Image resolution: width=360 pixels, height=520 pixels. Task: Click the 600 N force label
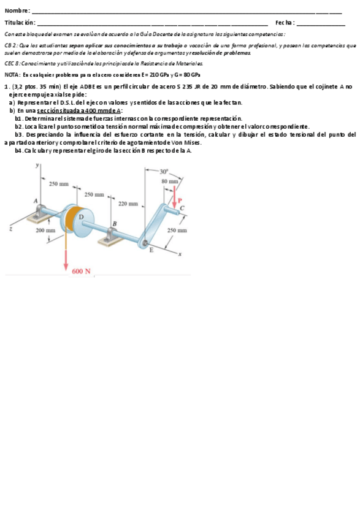81,270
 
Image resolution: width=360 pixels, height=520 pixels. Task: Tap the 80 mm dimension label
169,181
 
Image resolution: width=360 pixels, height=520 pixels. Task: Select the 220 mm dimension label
128,203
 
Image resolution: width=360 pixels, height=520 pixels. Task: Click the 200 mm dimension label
46,230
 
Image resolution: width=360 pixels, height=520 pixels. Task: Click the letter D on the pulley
81,217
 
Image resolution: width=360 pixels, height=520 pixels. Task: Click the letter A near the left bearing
35,201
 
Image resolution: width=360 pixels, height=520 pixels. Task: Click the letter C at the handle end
182,208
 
